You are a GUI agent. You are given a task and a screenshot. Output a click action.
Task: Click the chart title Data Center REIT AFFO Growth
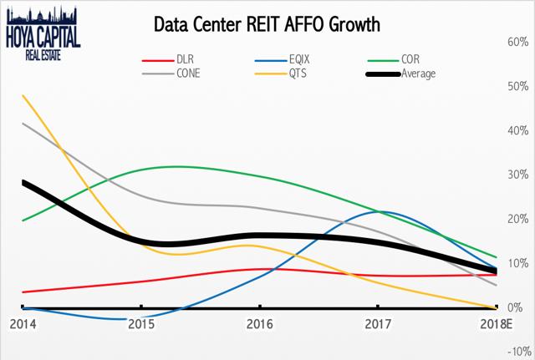point(267,24)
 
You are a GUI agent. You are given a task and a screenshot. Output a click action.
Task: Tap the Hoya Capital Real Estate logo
point(43,33)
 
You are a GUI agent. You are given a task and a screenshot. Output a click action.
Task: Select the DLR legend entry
point(168,59)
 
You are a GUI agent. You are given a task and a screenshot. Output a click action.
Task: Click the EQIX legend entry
point(283,59)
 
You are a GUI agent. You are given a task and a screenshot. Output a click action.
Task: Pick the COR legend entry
point(394,59)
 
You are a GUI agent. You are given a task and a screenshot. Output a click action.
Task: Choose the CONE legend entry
point(171,74)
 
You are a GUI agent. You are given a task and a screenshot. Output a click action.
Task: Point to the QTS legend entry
point(281,74)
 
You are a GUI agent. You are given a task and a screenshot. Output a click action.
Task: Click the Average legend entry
point(401,74)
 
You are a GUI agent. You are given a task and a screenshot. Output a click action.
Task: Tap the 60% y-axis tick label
point(518,43)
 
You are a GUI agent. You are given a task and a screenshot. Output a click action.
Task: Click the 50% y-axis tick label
point(518,87)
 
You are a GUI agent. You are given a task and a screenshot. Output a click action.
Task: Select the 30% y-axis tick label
point(518,175)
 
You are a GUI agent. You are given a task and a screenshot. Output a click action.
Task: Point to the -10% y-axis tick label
point(520,352)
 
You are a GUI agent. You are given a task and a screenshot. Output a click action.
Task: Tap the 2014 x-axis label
point(23,324)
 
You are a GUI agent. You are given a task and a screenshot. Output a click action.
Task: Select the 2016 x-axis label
point(260,324)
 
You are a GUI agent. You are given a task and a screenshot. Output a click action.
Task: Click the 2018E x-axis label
point(497,324)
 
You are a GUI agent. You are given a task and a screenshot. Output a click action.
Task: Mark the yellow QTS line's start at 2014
point(23,95)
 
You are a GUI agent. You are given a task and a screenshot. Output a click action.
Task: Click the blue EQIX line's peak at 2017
point(380,211)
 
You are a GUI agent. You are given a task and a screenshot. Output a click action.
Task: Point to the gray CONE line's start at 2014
point(23,123)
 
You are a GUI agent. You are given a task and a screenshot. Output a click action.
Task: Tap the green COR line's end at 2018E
point(496,257)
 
